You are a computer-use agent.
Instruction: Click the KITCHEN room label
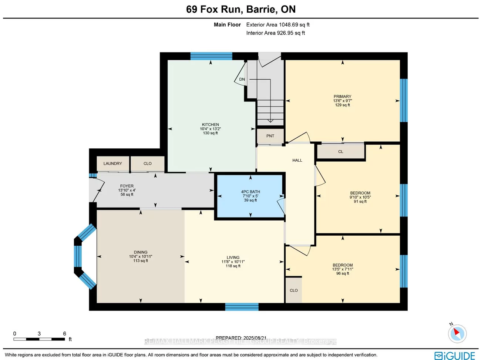click(210, 125)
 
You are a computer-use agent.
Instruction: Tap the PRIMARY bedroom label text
click(342, 97)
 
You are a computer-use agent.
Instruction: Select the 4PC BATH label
click(250, 192)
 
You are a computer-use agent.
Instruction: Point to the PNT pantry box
click(270, 136)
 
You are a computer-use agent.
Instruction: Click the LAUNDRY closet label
click(112, 164)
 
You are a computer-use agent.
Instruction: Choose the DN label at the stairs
click(242, 79)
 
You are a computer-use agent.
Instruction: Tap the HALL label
click(297, 160)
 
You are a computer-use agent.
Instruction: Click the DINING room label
click(141, 252)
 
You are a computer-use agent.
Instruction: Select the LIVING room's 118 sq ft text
click(233, 266)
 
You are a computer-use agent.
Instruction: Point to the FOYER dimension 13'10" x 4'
click(127, 190)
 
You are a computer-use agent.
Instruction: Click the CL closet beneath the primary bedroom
click(341, 152)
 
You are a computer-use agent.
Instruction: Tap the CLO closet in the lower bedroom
click(294, 290)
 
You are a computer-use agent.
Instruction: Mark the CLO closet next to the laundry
click(148, 164)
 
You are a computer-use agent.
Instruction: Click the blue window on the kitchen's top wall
click(211, 56)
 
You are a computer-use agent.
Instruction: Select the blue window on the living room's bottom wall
click(242, 307)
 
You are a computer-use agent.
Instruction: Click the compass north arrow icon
click(457, 333)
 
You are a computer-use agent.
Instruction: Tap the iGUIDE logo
click(455, 356)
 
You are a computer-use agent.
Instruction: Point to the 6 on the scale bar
click(64, 334)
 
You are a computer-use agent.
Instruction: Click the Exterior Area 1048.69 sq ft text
click(278, 25)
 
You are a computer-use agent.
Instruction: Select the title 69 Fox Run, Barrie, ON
click(241, 9)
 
